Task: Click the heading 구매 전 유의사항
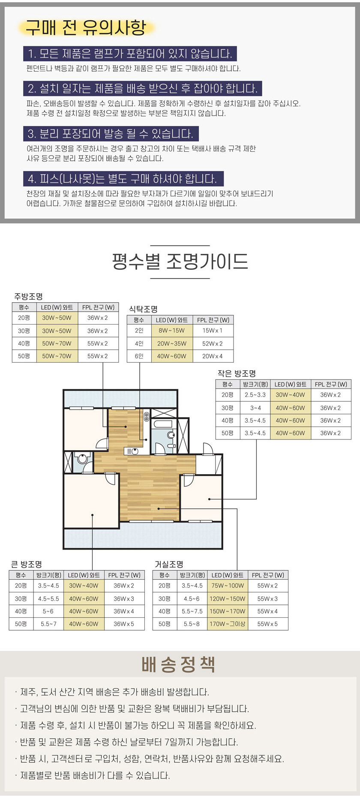86,27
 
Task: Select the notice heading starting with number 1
130,54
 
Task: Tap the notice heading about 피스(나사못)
123,179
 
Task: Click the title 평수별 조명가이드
180,261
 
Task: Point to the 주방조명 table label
28,296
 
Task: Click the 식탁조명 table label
143,309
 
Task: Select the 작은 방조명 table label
237,373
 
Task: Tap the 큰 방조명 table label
27,564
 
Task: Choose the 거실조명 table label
169,564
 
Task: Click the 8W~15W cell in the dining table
171,331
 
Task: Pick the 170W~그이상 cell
228,624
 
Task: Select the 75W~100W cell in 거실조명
228,586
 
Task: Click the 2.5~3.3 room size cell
255,395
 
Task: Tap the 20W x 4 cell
213,356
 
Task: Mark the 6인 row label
139,356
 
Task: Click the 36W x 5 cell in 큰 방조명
124,624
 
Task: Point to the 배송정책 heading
178,664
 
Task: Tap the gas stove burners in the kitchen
146,416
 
